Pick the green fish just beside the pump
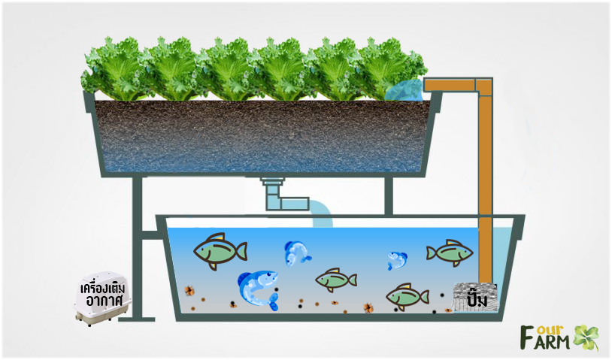pyautogui.click(x=407, y=296)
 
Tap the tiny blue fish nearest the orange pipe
pyautogui.click(x=397, y=260)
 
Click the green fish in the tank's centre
pyautogui.click(x=335, y=280)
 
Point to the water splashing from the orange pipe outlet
pyautogui.click(x=406, y=91)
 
